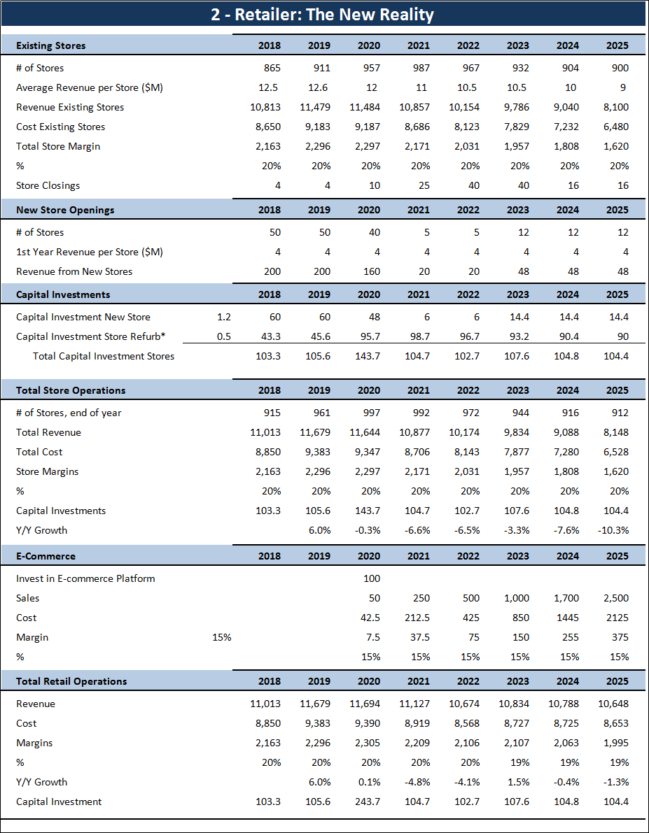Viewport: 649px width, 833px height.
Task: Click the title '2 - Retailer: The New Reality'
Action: (323, 15)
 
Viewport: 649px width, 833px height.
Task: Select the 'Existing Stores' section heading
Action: (51, 45)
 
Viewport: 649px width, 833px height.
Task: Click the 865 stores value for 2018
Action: (270, 68)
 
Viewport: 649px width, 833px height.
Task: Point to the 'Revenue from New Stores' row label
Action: (74, 271)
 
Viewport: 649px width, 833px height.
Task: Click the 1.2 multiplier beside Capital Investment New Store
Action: (224, 317)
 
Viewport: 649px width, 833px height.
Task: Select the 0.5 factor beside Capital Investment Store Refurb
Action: (224, 336)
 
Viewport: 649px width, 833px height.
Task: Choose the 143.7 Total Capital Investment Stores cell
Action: (368, 356)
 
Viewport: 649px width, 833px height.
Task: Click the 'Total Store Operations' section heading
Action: (71, 390)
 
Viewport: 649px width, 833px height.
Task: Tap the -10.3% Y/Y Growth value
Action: (613, 530)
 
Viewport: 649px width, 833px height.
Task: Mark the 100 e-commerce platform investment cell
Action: (372, 578)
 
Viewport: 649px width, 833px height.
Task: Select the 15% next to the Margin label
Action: (221, 637)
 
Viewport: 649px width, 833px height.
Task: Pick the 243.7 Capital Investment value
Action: (368, 802)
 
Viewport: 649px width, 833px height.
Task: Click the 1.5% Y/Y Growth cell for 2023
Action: (519, 782)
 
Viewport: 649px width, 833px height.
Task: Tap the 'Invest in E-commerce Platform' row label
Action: (85, 578)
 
